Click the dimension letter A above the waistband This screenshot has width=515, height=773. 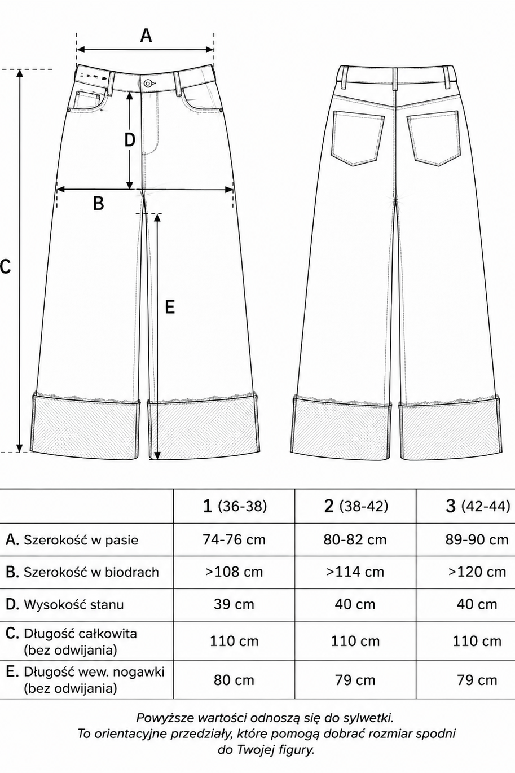pyautogui.click(x=146, y=35)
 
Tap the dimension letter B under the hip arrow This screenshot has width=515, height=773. pyautogui.click(x=99, y=203)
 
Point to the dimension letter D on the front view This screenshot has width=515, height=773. pyautogui.click(x=130, y=140)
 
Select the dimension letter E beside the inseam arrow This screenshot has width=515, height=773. pyautogui.click(x=170, y=307)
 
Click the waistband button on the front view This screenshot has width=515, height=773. pyautogui.click(x=148, y=83)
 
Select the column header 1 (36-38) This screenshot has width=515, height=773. pyautogui.click(x=234, y=506)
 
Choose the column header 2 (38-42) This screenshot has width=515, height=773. pyautogui.click(x=355, y=506)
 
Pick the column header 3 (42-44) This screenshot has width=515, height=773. pyautogui.click(x=477, y=506)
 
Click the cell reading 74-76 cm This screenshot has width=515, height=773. pyautogui.click(x=234, y=540)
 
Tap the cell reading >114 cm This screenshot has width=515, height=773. pyautogui.click(x=355, y=572)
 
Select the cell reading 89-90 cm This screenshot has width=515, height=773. pyautogui.click(x=477, y=540)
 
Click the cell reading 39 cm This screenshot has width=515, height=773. pyautogui.click(x=234, y=605)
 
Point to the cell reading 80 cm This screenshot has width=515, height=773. pyautogui.click(x=234, y=680)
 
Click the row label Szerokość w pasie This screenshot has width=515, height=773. pyautogui.click(x=81, y=540)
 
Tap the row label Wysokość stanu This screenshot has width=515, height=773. pyautogui.click(x=74, y=605)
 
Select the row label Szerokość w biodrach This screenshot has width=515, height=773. pyautogui.click(x=91, y=573)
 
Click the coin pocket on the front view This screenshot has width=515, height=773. pyautogui.click(x=89, y=101)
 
